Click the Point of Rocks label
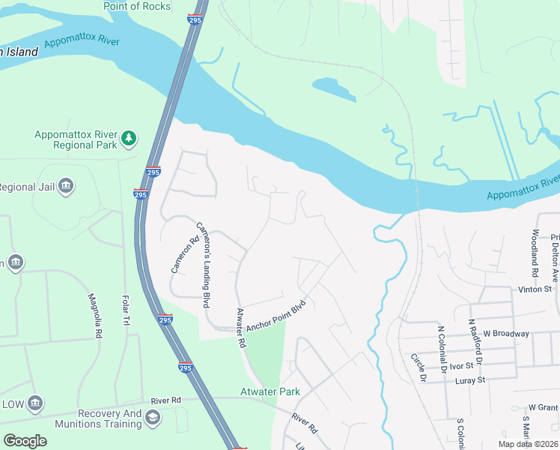click(138, 7)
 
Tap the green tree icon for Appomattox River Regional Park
click(130, 138)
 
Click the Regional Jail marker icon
click(65, 185)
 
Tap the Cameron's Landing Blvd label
click(202, 255)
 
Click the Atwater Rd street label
click(241, 328)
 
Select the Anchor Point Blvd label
click(276, 315)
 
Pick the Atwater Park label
click(270, 391)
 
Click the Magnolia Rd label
click(94, 316)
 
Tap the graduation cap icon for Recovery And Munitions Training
click(153, 418)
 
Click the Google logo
click(25, 441)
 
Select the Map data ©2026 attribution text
click(529, 443)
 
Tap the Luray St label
click(470, 380)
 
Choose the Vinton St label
click(535, 289)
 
